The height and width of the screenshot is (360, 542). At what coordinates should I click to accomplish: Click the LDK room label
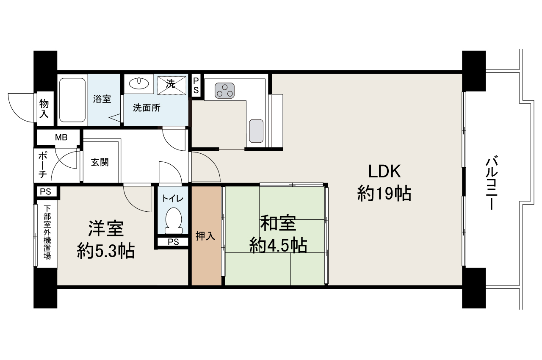384,171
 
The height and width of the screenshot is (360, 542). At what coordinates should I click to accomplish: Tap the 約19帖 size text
384,193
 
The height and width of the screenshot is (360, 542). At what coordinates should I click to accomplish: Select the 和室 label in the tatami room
278,224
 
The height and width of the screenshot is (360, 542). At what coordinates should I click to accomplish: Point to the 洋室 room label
106,228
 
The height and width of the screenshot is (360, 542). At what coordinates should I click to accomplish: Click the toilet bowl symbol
174,221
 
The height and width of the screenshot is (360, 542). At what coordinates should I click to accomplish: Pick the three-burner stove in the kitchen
224,91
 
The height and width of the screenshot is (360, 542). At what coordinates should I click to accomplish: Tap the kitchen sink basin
256,131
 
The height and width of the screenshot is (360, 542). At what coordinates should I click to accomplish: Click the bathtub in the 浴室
72,100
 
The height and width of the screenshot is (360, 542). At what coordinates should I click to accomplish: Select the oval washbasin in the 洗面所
139,83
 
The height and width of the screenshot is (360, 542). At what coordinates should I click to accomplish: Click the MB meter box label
61,137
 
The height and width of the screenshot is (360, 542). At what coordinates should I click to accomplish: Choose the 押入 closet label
205,236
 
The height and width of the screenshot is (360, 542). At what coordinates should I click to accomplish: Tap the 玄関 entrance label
100,162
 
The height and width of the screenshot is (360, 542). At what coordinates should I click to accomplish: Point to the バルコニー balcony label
492,183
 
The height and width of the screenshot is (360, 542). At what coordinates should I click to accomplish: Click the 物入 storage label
44,108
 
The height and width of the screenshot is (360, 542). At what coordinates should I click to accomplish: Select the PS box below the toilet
173,242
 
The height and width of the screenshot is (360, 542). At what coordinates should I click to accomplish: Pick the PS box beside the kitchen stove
196,86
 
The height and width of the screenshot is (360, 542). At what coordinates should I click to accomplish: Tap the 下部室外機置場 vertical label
47,232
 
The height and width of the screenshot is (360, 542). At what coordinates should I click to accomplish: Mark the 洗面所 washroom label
147,108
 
